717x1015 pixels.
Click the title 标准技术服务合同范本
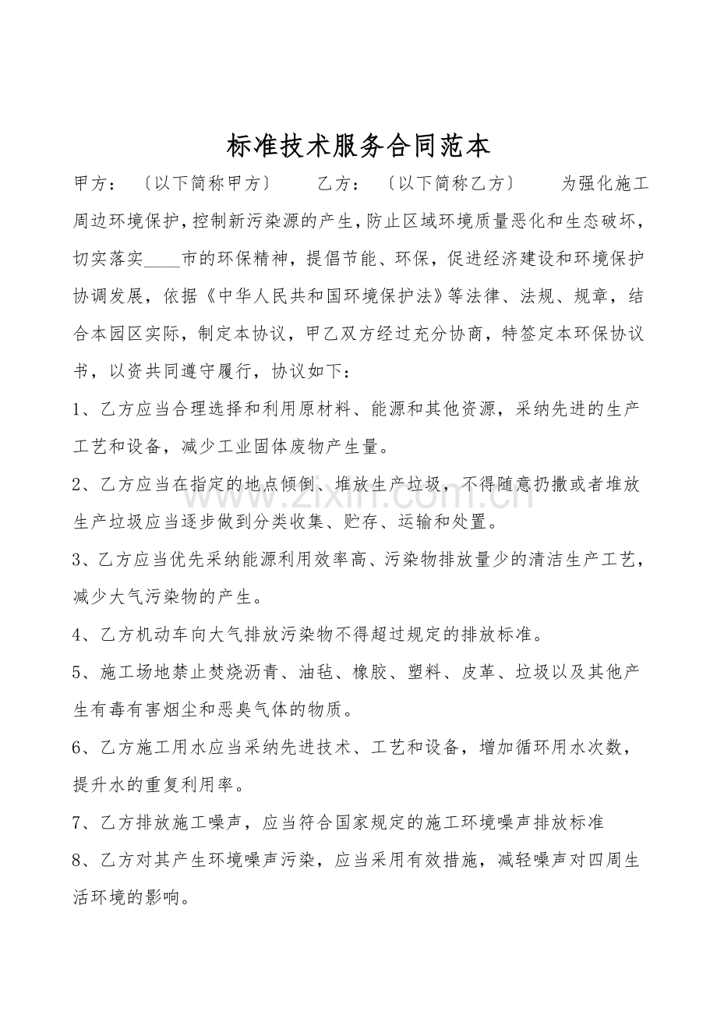coord(358,146)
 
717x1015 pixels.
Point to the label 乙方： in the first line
coord(339,185)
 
